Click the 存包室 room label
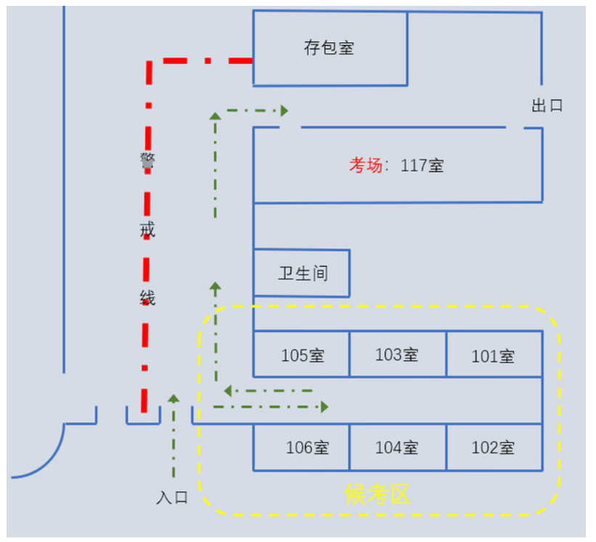point(329,49)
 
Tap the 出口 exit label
point(547,106)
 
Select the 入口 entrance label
point(172,498)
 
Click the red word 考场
point(365,166)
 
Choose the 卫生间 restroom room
point(303,274)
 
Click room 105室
point(302,355)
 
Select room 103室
point(397,355)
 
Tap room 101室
point(494,356)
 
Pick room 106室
point(307,448)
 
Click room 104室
point(396,448)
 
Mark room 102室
point(494,448)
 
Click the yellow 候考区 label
point(377,495)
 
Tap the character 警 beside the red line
point(147,160)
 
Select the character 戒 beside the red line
point(147,230)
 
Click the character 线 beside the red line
point(147,298)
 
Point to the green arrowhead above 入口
point(174,398)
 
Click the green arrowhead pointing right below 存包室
point(285,110)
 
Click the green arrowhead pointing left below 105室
point(228,391)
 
